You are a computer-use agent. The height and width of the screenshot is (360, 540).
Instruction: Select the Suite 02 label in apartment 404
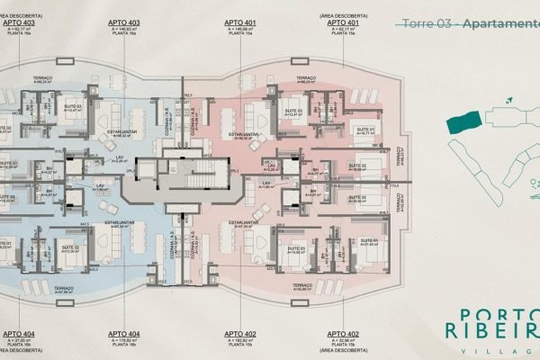[x=68, y=248]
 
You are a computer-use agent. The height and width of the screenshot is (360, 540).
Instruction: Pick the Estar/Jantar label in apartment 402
[x=246, y=224]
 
